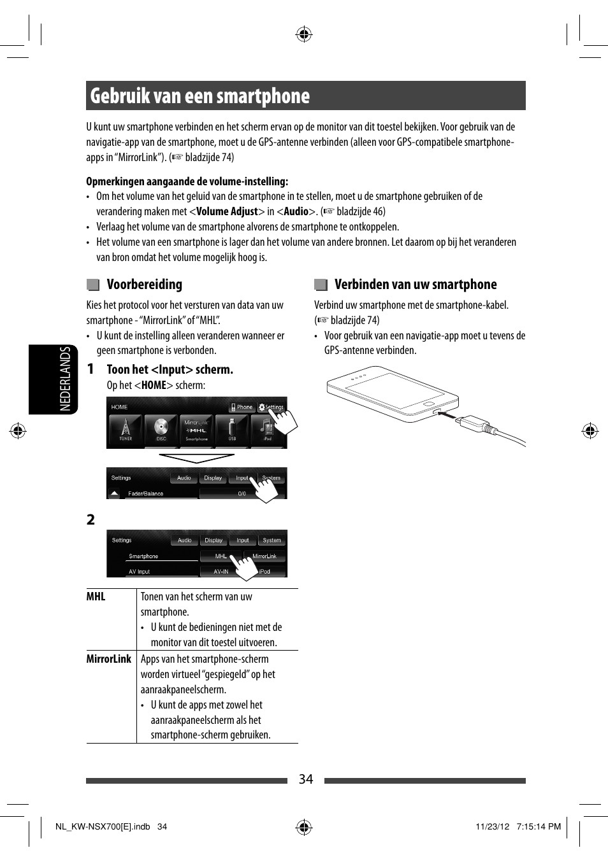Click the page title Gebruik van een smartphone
[x=199, y=96]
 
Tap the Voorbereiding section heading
[x=144, y=285]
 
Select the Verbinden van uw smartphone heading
[x=415, y=285]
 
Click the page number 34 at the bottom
[x=306, y=779]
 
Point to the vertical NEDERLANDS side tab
[x=65, y=379]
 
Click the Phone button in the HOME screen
[x=242, y=407]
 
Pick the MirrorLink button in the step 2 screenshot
[x=264, y=556]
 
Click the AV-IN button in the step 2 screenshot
[x=221, y=572]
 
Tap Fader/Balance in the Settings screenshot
[x=146, y=493]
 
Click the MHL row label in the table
[x=96, y=597]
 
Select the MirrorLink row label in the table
[x=109, y=659]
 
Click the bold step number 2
[x=90, y=519]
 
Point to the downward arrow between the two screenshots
[x=196, y=458]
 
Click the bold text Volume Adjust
[x=227, y=211]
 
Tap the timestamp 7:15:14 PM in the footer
[x=539, y=826]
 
